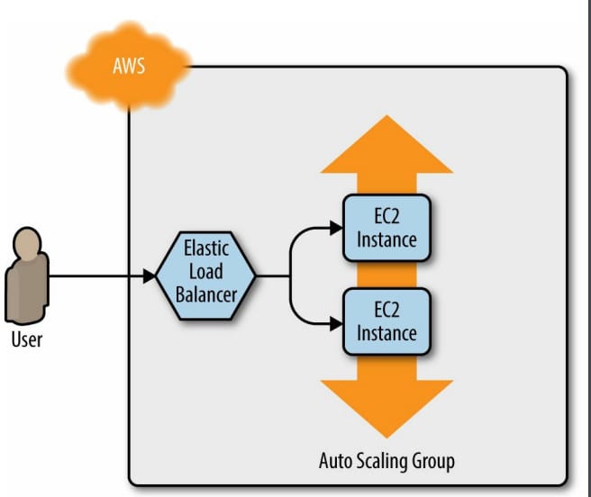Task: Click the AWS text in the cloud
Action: [129, 66]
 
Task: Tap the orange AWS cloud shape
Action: [129, 67]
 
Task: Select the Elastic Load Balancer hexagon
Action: [205, 276]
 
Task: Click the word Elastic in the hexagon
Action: [206, 248]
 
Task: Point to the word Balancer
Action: [206, 294]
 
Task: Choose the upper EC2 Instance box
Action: [386, 228]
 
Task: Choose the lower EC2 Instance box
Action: [386, 321]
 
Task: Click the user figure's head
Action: [27, 243]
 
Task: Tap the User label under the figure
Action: [27, 339]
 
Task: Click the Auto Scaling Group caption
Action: [386, 461]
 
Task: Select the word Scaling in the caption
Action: [383, 461]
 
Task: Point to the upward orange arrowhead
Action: [386, 144]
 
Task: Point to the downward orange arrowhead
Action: [386, 409]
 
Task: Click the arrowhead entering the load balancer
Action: [150, 276]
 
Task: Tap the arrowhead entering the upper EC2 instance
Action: [336, 228]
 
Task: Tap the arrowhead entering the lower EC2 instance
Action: [336, 324]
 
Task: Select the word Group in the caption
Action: [433, 462]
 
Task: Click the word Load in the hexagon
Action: [205, 271]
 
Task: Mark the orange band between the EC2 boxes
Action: [386, 275]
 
